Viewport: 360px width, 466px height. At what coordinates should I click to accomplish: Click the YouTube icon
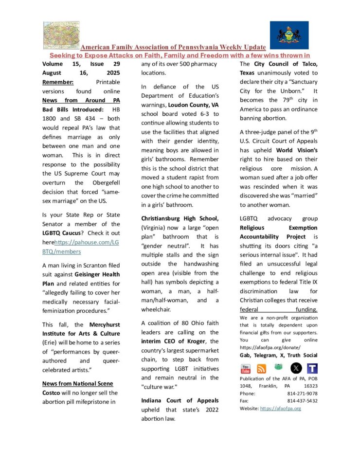(x=245, y=368)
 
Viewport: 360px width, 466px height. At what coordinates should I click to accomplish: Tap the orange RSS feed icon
(x=261, y=368)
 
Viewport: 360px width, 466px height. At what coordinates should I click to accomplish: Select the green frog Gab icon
(x=278, y=367)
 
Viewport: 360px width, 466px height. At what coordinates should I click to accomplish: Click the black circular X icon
(x=296, y=368)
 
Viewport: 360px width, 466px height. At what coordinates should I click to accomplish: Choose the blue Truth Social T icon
(x=312, y=368)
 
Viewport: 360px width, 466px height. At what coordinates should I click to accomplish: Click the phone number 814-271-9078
(x=302, y=394)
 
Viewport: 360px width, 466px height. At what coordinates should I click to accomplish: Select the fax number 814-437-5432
(x=302, y=401)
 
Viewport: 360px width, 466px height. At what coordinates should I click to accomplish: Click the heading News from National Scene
(x=77, y=384)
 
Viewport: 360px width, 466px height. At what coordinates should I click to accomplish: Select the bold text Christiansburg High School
(x=180, y=218)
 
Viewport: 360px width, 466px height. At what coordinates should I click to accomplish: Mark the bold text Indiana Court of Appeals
(x=180, y=400)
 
